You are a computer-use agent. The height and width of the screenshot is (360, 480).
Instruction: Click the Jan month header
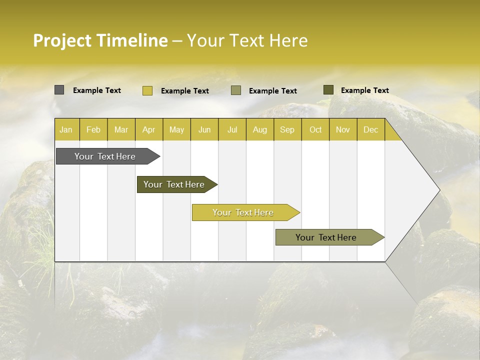pyautogui.click(x=66, y=130)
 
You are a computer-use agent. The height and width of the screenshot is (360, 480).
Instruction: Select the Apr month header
pyautogui.click(x=148, y=130)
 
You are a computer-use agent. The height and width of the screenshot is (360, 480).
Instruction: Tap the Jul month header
pyautogui.click(x=232, y=130)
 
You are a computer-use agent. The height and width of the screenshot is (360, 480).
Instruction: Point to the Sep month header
pyautogui.click(x=287, y=130)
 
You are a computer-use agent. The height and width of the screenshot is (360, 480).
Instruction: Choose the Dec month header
pyautogui.click(x=370, y=130)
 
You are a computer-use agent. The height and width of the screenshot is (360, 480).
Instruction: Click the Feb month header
pyautogui.click(x=93, y=130)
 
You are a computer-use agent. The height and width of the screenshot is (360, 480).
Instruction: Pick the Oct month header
pyautogui.click(x=315, y=130)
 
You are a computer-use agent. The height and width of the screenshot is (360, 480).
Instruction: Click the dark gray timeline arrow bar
pyautogui.click(x=105, y=156)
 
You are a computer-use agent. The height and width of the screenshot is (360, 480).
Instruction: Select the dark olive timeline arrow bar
pyautogui.click(x=174, y=184)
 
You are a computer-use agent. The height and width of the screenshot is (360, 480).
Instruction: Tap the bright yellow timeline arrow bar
pyautogui.click(x=243, y=212)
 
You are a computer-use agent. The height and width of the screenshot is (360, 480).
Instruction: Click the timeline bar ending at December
pyautogui.click(x=326, y=237)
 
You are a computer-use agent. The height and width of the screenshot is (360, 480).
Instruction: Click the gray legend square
pyautogui.click(x=59, y=90)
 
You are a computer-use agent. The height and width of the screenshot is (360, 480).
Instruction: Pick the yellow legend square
pyautogui.click(x=147, y=90)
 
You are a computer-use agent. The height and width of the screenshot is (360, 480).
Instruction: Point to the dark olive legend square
pyautogui.click(x=328, y=90)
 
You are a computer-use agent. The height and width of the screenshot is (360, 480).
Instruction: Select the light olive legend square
pyautogui.click(x=236, y=90)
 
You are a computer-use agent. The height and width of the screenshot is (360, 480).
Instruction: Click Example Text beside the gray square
pyautogui.click(x=97, y=90)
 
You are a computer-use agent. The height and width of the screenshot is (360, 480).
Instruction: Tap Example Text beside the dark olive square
pyautogui.click(x=365, y=90)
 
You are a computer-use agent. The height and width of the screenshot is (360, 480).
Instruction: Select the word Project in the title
pyautogui.click(x=62, y=40)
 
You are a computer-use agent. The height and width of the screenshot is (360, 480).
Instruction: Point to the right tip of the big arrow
pyautogui.click(x=439, y=190)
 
